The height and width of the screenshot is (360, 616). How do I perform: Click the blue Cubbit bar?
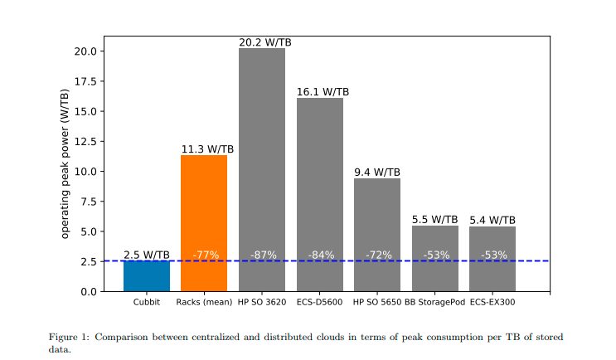[147, 275]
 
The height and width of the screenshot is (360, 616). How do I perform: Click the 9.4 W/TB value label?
[377, 173]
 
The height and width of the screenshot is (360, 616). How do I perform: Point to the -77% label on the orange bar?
[205, 255]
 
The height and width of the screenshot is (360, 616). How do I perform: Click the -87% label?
[263, 255]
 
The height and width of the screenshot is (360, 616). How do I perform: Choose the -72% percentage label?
[378, 255]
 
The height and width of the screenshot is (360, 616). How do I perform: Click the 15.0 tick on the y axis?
[87, 111]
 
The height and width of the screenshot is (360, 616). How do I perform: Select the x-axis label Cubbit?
[147, 302]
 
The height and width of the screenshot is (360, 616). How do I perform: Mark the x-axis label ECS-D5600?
[319, 302]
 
